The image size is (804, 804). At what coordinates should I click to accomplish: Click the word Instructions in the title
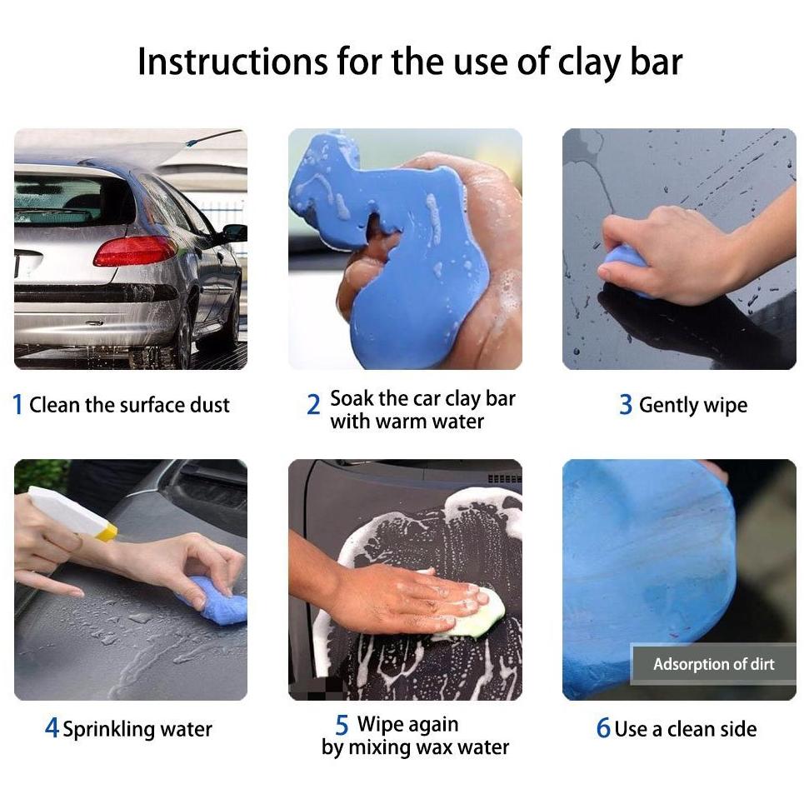tap(233, 62)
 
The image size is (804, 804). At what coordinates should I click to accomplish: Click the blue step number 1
tap(18, 405)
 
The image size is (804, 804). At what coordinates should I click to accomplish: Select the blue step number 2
tap(313, 405)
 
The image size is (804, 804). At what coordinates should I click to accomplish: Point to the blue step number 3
tap(626, 405)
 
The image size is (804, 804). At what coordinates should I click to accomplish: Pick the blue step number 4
tap(52, 728)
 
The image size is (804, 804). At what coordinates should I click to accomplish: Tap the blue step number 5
tap(342, 725)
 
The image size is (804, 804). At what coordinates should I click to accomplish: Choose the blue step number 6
tap(603, 728)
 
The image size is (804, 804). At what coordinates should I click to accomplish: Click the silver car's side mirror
tap(234, 233)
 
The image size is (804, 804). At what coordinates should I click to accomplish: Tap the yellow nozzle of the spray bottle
tap(107, 532)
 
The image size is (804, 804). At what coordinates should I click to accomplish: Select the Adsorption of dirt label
tap(713, 664)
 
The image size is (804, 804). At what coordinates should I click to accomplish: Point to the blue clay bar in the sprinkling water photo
tap(215, 601)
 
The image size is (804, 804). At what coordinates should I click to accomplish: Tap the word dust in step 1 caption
tap(209, 405)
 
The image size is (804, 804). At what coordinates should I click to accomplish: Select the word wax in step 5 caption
tap(434, 748)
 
